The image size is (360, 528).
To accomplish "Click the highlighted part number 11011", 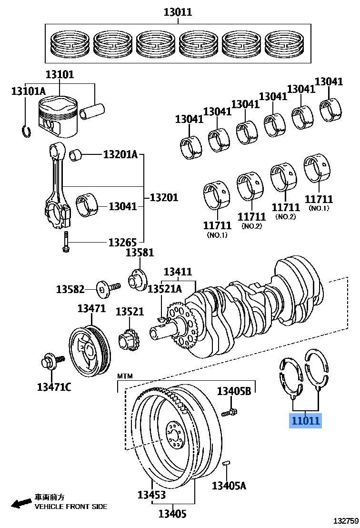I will tap(305, 421).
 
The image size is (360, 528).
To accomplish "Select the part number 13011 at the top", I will tap(178, 12).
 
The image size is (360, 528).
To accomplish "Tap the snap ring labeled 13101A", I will tap(26, 130).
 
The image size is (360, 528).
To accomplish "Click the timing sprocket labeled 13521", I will tap(128, 342).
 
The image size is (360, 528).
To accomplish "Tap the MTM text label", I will tap(125, 376).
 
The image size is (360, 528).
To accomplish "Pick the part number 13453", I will tap(152, 495).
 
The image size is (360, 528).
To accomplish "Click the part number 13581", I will tap(140, 253).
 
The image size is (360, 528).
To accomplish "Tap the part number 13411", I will tap(178, 272).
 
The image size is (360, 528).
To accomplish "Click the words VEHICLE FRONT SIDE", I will tap(71, 507).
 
